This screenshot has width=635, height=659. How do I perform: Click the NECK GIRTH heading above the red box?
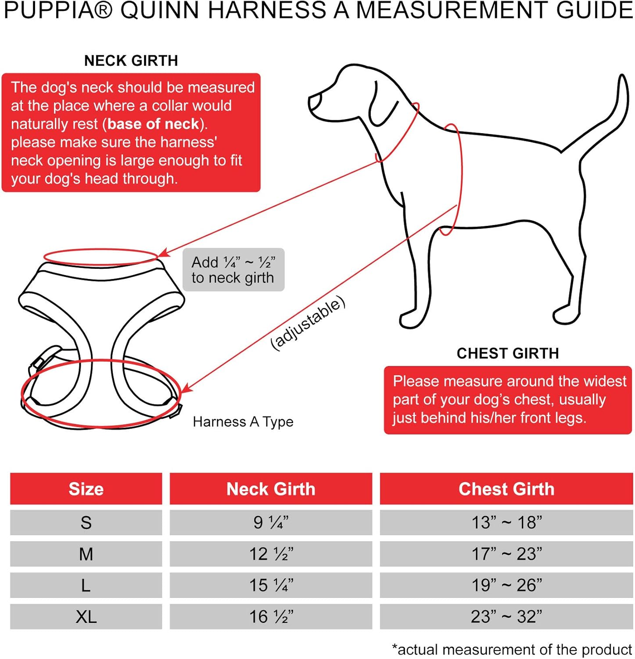pyautogui.click(x=131, y=61)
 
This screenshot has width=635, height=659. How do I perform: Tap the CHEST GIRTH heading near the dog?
pyautogui.click(x=507, y=353)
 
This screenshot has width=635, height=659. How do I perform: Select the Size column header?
pyautogui.click(x=86, y=489)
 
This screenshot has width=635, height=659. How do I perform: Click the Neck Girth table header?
pyautogui.click(x=271, y=489)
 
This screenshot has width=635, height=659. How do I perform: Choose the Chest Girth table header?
pyautogui.click(x=506, y=489)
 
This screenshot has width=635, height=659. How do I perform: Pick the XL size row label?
pyautogui.click(x=86, y=617)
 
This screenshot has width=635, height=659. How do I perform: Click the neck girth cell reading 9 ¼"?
pyautogui.click(x=271, y=522)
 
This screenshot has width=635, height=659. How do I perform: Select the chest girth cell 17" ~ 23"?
pyautogui.click(x=506, y=554)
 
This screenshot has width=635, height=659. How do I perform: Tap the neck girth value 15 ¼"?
pyautogui.click(x=271, y=585)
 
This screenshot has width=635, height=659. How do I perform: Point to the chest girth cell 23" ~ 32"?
pyautogui.click(x=506, y=617)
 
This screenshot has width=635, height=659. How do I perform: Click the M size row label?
pyautogui.click(x=86, y=554)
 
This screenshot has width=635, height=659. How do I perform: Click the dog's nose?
pyautogui.click(x=312, y=101)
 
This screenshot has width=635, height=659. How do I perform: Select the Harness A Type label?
pyautogui.click(x=243, y=422)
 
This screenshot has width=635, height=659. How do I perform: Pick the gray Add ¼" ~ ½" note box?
pyautogui.click(x=233, y=270)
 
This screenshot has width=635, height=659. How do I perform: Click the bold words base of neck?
pyautogui.click(x=153, y=124)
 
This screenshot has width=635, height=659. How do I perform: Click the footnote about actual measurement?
pyautogui.click(x=512, y=649)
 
